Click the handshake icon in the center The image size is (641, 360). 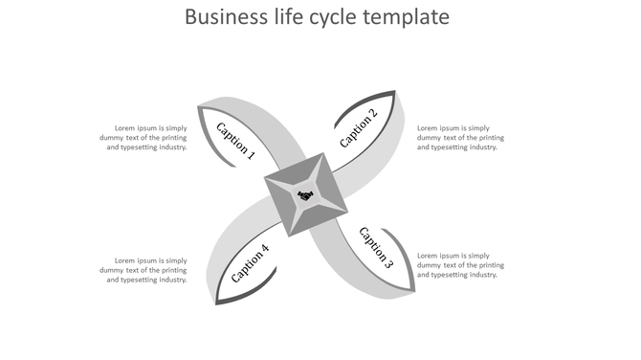(x=305, y=196)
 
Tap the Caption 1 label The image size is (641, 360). (x=236, y=140)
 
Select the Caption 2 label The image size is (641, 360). (x=359, y=128)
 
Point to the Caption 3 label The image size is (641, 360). (x=375, y=248)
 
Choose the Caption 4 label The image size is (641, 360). (x=251, y=263)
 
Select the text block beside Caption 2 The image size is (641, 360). (x=461, y=138)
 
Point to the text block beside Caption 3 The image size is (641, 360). (x=461, y=265)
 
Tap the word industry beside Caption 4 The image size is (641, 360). (x=169, y=280)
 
